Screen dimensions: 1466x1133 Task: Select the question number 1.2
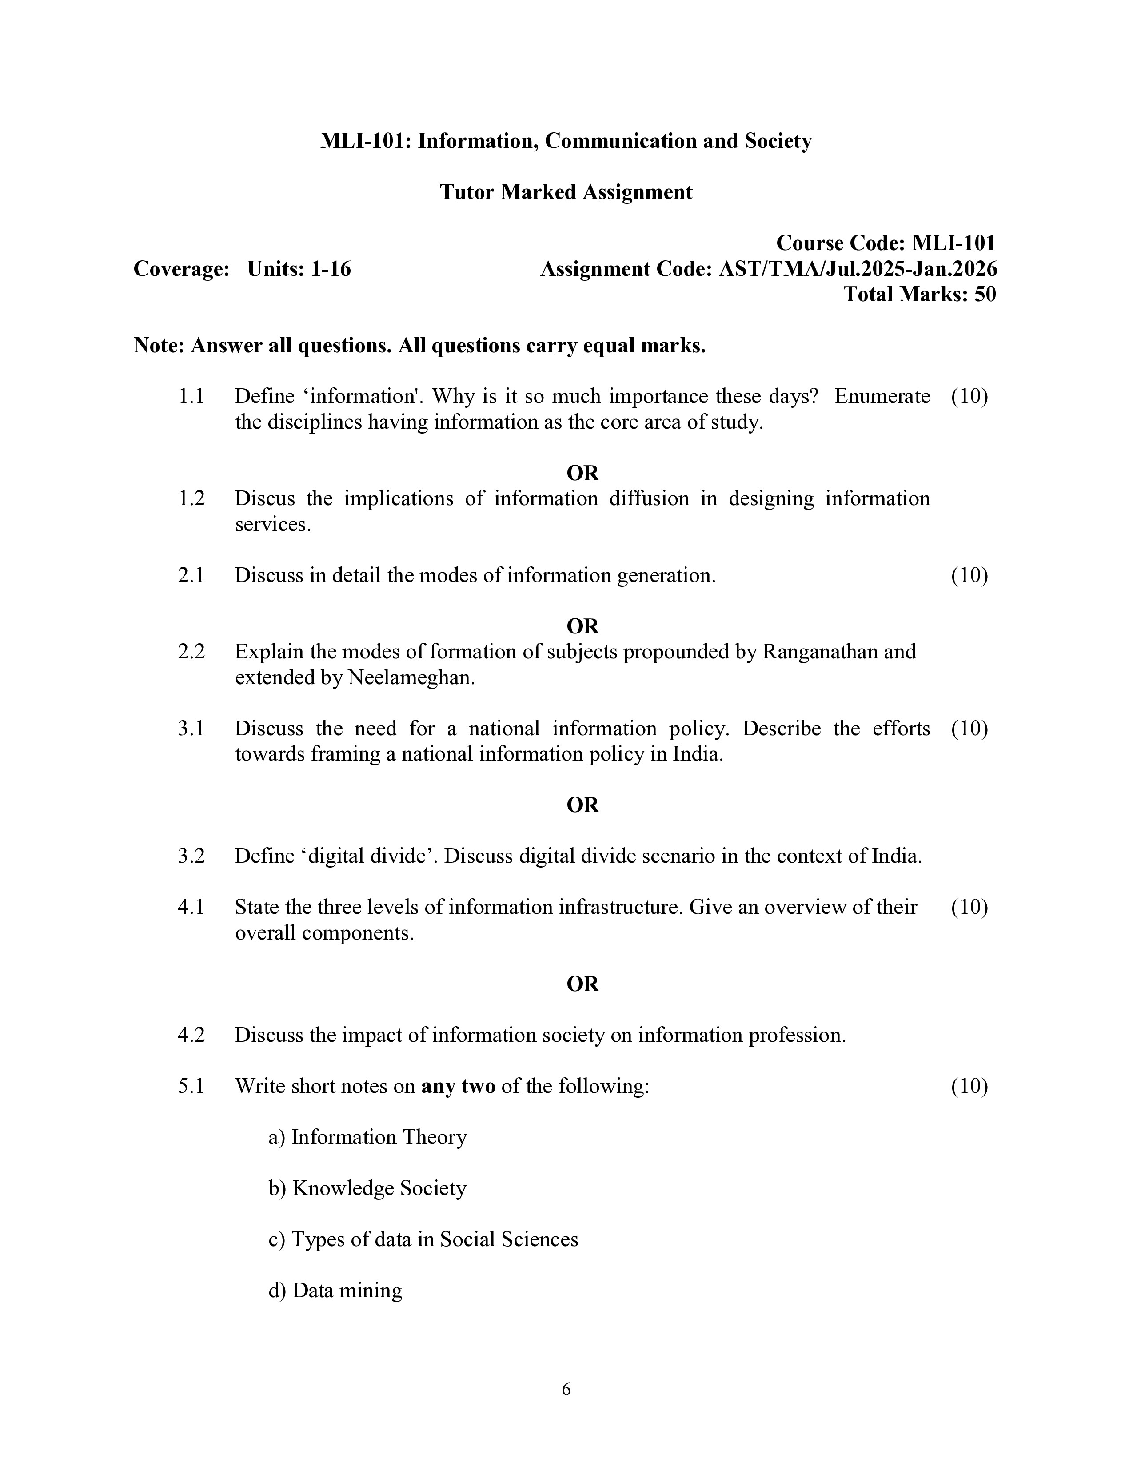click(191, 499)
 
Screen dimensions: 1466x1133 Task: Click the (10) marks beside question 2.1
click(969, 575)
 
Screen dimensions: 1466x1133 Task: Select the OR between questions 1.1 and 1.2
click(582, 473)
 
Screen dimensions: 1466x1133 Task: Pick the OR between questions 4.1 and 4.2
click(582, 984)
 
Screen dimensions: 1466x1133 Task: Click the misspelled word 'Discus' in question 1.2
click(264, 499)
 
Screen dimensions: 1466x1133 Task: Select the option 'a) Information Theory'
click(367, 1137)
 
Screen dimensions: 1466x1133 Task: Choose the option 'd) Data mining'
click(335, 1290)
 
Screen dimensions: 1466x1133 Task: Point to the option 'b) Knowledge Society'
click(367, 1188)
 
